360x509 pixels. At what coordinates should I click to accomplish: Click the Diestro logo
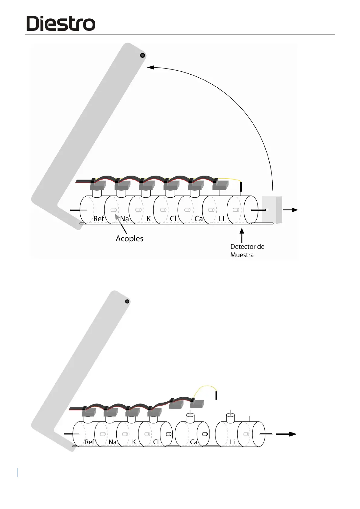click(x=61, y=23)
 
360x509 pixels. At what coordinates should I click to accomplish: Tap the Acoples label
click(x=129, y=238)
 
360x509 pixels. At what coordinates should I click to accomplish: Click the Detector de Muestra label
click(x=247, y=251)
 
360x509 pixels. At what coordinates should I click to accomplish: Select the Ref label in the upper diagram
click(x=99, y=219)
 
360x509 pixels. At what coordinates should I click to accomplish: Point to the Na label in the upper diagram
click(x=124, y=219)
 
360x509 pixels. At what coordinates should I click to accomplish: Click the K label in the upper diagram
click(x=148, y=219)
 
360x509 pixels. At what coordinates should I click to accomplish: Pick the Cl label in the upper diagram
click(x=173, y=219)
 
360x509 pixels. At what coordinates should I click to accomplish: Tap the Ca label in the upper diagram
click(x=198, y=219)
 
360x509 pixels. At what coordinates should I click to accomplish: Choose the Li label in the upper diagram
click(x=222, y=219)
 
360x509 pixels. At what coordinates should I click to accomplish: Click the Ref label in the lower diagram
click(x=89, y=442)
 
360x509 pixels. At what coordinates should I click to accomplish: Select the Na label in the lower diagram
click(x=112, y=442)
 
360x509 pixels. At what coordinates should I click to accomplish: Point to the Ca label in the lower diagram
click(x=194, y=442)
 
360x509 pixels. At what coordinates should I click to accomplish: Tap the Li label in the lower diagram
click(x=232, y=442)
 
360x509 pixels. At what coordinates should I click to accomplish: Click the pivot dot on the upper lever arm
click(x=142, y=55)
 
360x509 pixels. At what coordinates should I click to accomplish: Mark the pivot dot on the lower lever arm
click(x=127, y=301)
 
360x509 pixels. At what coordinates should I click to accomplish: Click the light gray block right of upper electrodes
click(x=272, y=210)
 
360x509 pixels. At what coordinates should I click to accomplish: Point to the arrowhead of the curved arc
click(x=150, y=67)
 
